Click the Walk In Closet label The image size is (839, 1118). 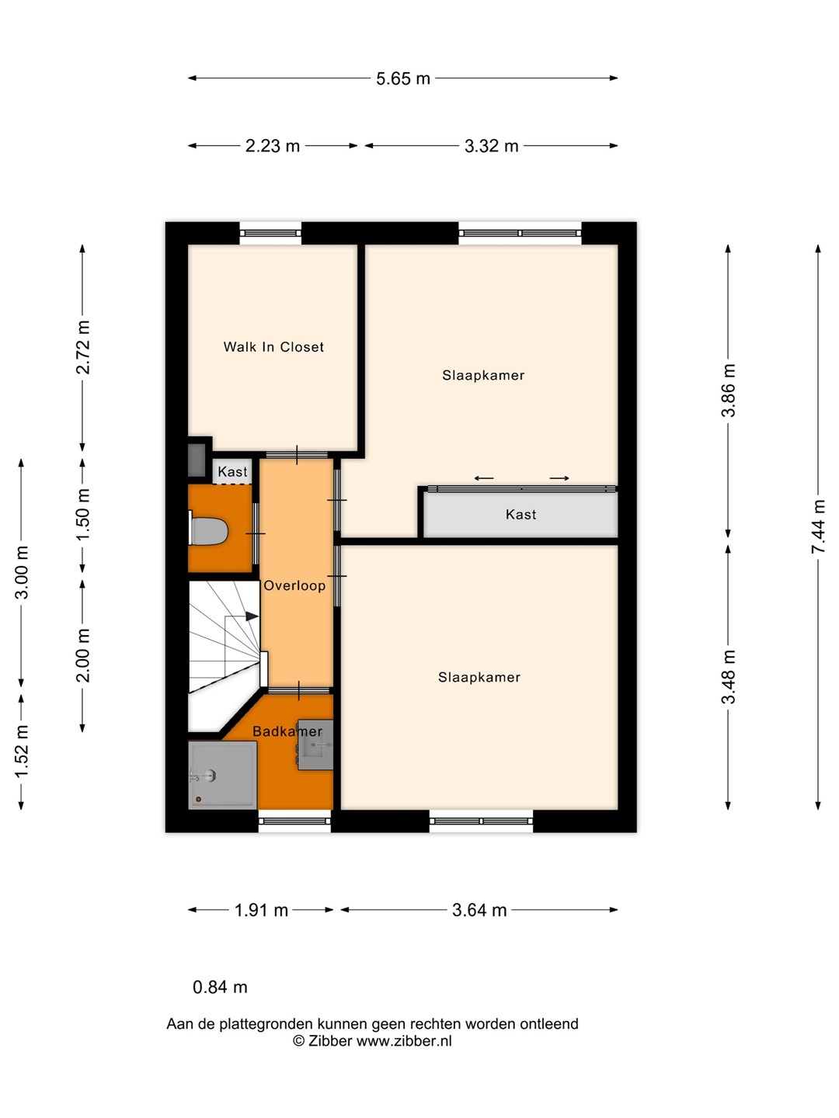click(x=273, y=347)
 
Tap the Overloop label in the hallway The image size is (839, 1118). click(x=294, y=585)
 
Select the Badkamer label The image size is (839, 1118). click(x=287, y=731)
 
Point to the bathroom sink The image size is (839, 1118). click(x=315, y=745)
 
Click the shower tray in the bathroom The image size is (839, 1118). click(x=223, y=775)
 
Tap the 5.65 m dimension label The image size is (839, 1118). click(x=403, y=79)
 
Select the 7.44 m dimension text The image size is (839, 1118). click(x=818, y=526)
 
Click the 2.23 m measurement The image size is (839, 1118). click(x=273, y=146)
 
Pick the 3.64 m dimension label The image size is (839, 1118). click(x=479, y=910)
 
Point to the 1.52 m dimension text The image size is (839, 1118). click(x=22, y=752)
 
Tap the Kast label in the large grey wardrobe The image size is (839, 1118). click(x=520, y=515)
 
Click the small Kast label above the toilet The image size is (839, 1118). click(x=232, y=471)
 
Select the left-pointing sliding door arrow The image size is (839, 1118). click(x=484, y=478)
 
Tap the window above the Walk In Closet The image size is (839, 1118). click(x=270, y=233)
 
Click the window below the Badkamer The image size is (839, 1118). click(x=294, y=821)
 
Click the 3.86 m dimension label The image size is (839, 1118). click(x=729, y=391)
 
